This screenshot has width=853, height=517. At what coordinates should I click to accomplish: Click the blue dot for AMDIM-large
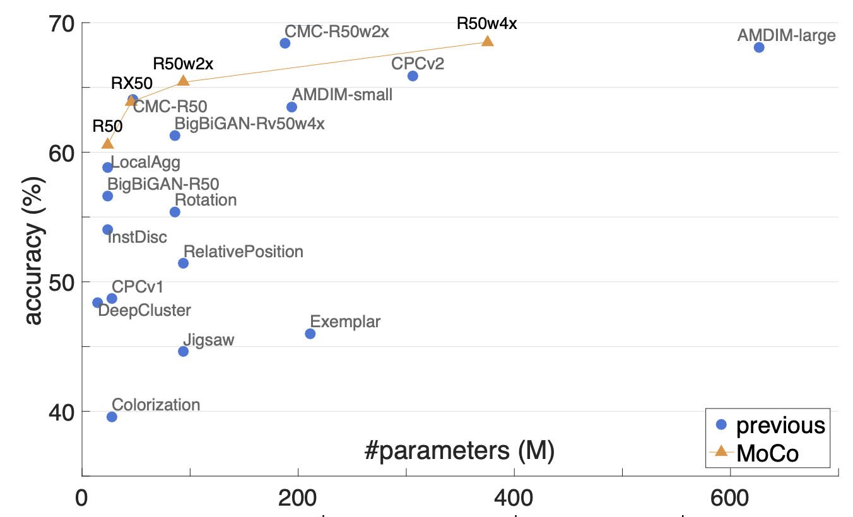[x=759, y=47]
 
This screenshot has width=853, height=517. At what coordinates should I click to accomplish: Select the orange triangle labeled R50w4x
[x=488, y=41]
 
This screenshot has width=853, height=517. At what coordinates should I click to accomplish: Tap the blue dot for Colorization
[x=112, y=417]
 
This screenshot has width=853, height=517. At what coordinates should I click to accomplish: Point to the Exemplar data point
[x=310, y=334]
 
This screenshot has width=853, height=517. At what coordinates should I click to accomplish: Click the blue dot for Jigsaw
[x=183, y=352]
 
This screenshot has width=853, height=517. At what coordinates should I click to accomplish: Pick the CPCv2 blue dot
[x=413, y=76]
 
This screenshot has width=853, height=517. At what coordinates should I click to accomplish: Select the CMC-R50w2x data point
[x=285, y=44]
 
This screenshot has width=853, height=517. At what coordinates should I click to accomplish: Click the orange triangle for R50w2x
[x=183, y=81]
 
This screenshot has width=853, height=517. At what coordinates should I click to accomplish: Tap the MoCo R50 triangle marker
[x=108, y=143]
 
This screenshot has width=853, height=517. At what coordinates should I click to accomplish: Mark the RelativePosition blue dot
[x=183, y=264]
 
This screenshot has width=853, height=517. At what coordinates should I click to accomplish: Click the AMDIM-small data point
[x=291, y=107]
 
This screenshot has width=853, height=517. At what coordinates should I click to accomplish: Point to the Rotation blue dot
[x=175, y=212]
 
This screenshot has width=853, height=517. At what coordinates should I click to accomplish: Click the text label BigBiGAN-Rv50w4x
[x=249, y=124]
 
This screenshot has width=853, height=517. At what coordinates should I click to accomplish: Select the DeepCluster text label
[x=144, y=310]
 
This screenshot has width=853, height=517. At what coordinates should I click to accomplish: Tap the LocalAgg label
[x=146, y=163]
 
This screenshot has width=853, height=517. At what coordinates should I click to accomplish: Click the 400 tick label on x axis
[x=514, y=498]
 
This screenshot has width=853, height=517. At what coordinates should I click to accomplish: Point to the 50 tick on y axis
[x=61, y=283]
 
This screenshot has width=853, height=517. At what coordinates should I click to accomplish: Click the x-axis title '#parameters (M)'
[x=459, y=451]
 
